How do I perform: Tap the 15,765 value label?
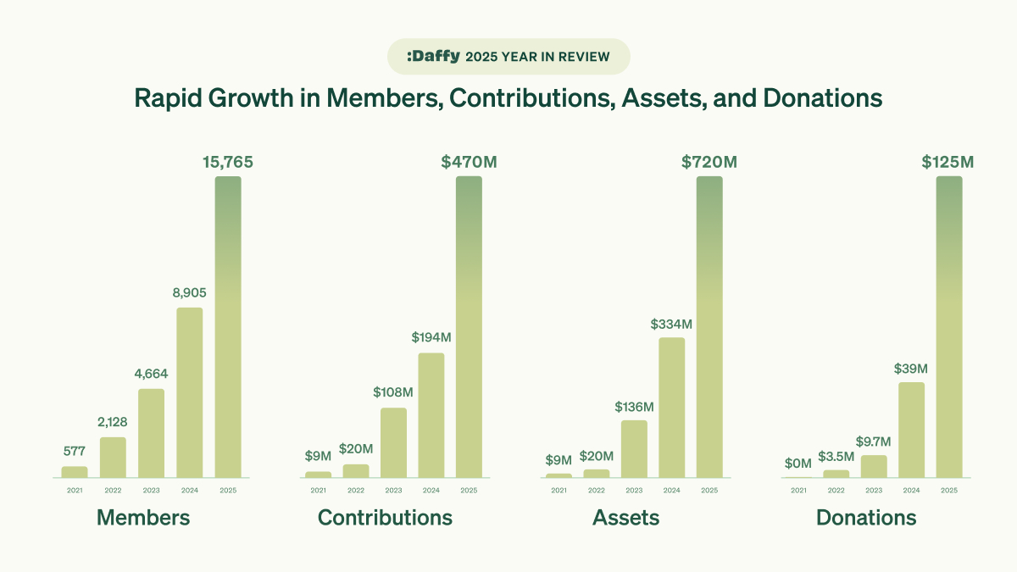pos(227,162)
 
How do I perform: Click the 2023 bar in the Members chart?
pos(151,433)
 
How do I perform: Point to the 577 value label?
pos(75,451)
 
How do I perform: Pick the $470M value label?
pos(469,162)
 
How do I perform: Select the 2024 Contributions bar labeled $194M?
pos(431,415)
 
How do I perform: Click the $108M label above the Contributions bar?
pos(393,392)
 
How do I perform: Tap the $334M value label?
pos(672,323)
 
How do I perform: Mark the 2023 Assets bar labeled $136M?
pos(634,449)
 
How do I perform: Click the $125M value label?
pos(948,162)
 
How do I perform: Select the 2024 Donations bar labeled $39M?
pos(912,430)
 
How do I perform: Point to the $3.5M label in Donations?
pos(836,455)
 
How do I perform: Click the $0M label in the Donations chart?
pos(798,463)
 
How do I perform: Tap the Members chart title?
pos(143,518)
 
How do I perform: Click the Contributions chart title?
pos(385,518)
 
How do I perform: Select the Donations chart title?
pos(866,518)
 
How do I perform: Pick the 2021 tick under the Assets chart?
pos(559,490)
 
